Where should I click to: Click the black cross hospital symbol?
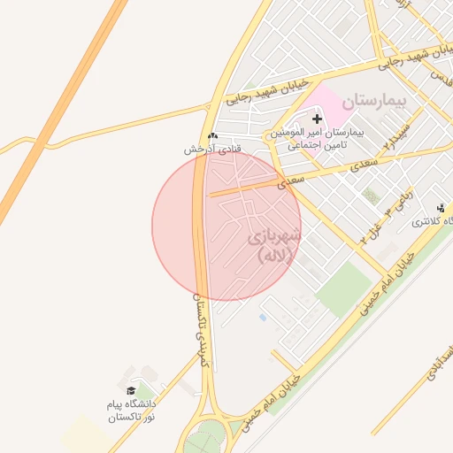(317, 119)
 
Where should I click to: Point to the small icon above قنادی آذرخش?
(212, 135)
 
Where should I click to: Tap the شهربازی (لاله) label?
(273, 246)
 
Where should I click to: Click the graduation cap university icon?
(130, 390)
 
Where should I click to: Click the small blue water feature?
(262, 317)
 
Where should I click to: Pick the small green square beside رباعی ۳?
(372, 196)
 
